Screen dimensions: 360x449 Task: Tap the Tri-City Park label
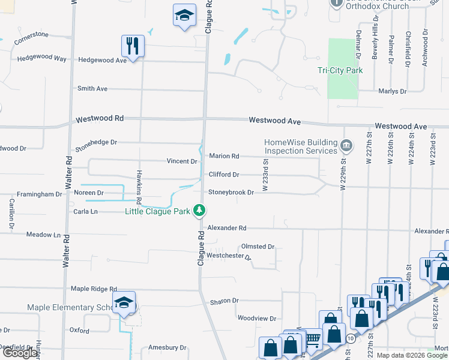coord(340,70)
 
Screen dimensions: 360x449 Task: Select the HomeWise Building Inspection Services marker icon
coord(346,146)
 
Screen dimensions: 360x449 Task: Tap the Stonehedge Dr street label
coord(96,143)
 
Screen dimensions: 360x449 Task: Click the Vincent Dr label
coord(182,161)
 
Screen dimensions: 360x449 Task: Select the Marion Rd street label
coord(224,156)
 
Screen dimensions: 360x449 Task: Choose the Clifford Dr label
coord(224,175)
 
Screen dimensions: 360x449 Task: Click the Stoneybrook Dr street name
coord(231,193)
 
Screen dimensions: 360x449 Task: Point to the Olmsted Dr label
coord(258,247)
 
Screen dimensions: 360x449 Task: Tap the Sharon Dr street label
coord(224,301)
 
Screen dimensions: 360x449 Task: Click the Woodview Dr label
coord(256,319)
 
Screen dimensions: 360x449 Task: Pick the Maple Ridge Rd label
coord(94,289)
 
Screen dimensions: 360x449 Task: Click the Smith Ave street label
coord(92,89)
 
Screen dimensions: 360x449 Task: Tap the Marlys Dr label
coord(392,91)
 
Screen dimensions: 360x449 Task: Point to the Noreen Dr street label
coord(89,193)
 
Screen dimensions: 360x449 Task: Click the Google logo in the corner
coord(20,353)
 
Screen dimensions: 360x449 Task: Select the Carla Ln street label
coord(85,212)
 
